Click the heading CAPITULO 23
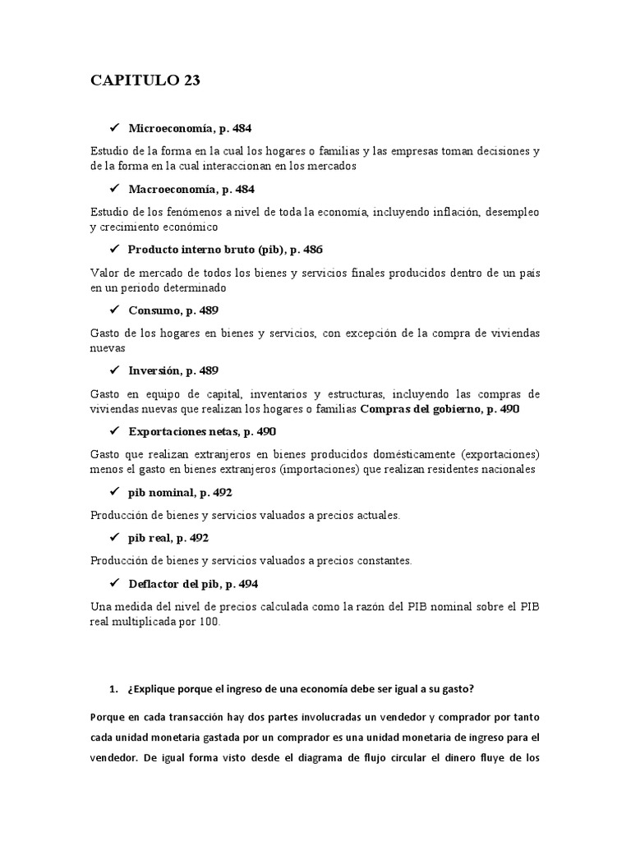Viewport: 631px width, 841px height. click(145, 80)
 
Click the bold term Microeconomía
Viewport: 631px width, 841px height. click(168, 128)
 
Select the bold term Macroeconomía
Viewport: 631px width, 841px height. click(170, 189)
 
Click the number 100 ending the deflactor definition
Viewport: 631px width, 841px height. click(210, 622)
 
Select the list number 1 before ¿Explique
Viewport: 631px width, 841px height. click(113, 687)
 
